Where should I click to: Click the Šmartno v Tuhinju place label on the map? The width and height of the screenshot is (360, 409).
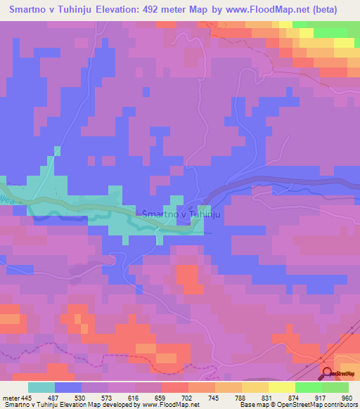182,214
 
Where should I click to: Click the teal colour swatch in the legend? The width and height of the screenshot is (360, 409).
41,387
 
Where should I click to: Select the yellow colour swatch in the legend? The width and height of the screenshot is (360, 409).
281,387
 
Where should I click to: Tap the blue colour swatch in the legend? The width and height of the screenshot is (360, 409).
68,387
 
